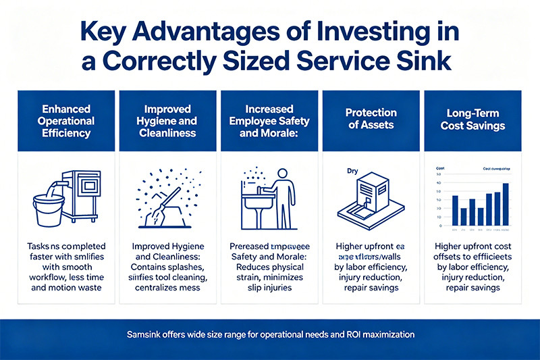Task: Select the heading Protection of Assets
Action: [x=371, y=120]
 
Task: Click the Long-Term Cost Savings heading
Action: [x=473, y=120]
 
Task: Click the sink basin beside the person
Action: [x=259, y=201]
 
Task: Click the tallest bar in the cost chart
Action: [x=505, y=204]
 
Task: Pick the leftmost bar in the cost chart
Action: [x=454, y=210]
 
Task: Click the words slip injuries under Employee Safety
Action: [x=269, y=288]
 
